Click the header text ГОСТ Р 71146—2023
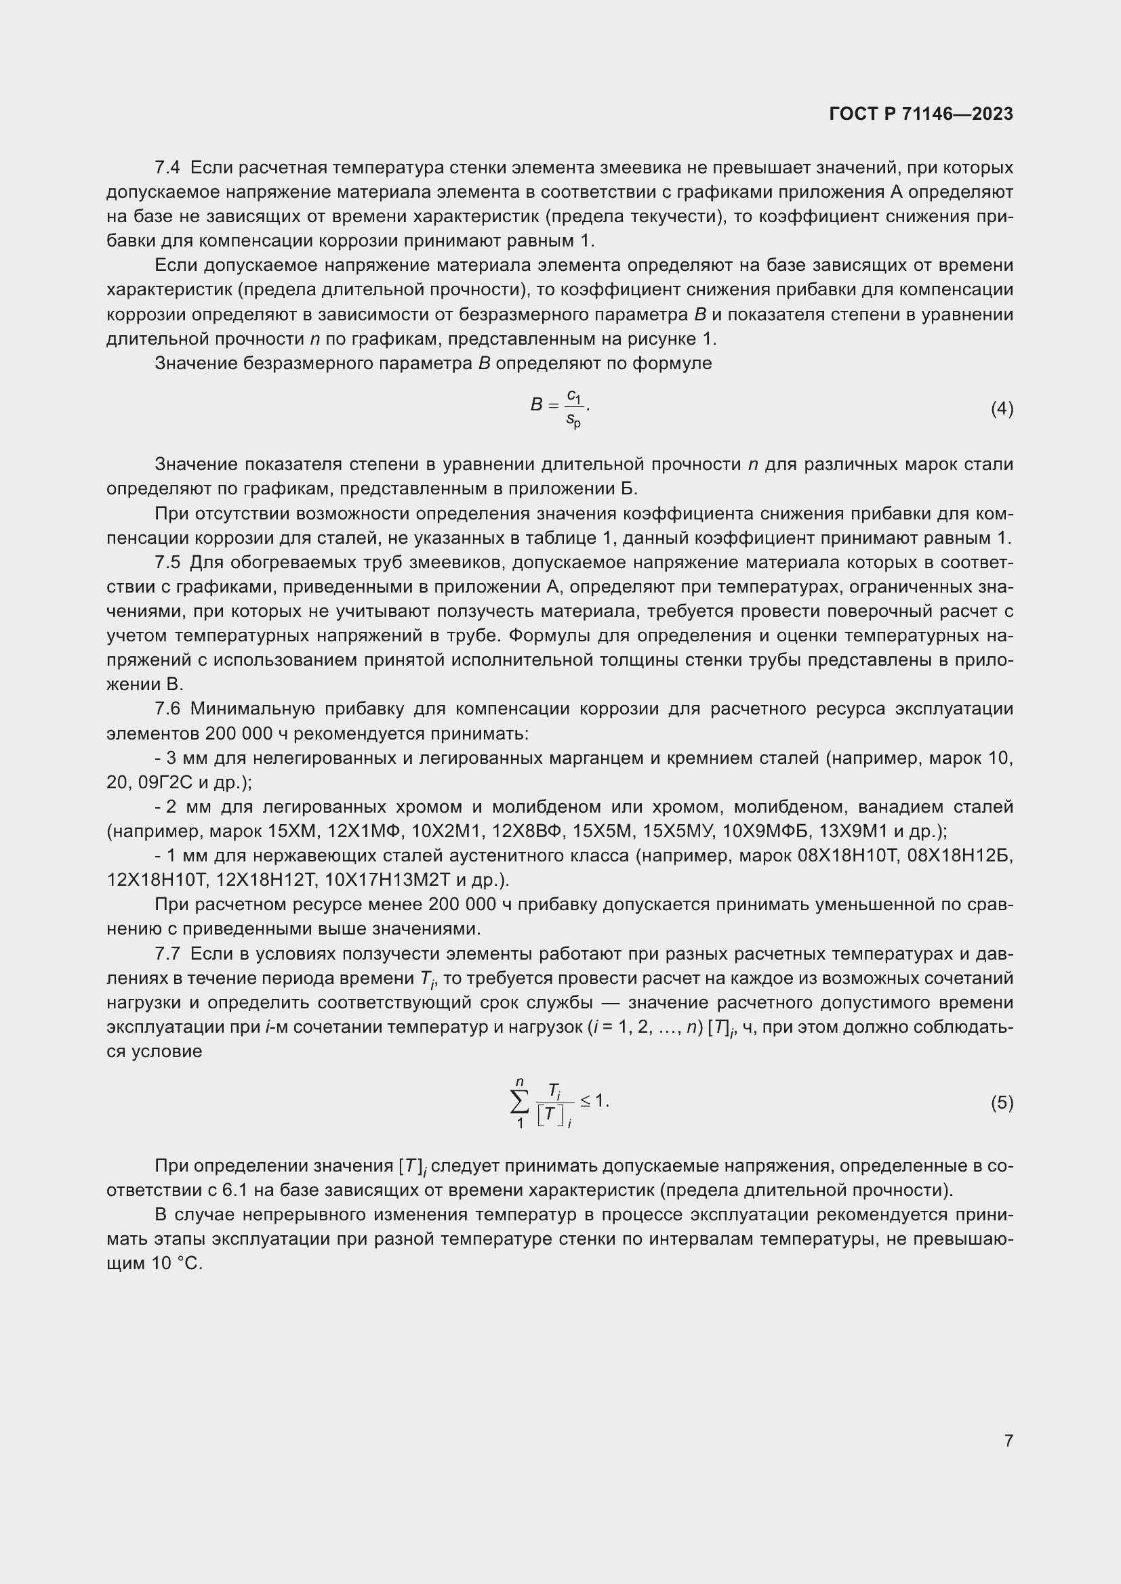[x=921, y=114]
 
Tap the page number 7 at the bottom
[x=1008, y=1440]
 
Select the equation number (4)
[x=1002, y=409]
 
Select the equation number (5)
[x=1002, y=1103]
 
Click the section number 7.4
[x=167, y=168]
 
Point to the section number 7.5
[x=167, y=562]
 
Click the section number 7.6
[x=167, y=709]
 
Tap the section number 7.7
[x=167, y=954]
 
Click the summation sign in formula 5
[x=520, y=1103]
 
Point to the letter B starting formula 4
[x=536, y=405]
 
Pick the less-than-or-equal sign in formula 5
[x=586, y=1101]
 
